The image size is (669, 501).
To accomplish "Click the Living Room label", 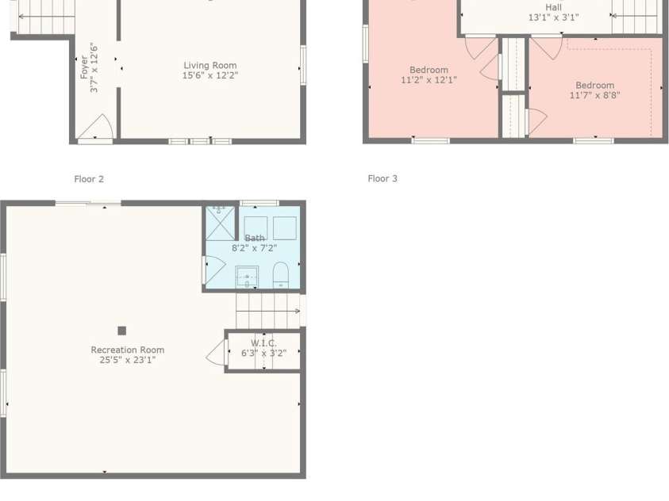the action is tap(210, 65).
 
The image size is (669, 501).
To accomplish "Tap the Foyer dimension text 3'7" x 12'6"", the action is tap(94, 67).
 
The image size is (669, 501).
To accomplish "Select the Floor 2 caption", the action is tap(89, 179).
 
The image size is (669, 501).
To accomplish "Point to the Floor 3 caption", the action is tap(383, 178).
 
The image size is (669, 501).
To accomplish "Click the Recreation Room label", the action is tap(128, 350).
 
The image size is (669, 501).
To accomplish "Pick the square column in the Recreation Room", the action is tap(122, 331).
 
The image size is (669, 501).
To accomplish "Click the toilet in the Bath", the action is tap(281, 275).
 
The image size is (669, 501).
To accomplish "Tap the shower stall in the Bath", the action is tap(220, 224).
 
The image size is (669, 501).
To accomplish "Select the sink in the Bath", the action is tap(248, 277).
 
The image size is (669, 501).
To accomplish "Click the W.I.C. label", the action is tap(263, 343).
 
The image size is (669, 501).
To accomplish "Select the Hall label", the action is tap(553, 8).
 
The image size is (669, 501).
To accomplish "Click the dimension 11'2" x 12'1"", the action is tap(429, 79).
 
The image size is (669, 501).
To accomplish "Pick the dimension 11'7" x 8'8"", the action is tap(594, 95).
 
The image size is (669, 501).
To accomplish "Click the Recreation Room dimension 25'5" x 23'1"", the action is tap(128, 360).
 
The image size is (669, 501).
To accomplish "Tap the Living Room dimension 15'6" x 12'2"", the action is tap(210, 75).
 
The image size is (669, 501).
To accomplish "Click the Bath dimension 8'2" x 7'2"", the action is tap(254, 248).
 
